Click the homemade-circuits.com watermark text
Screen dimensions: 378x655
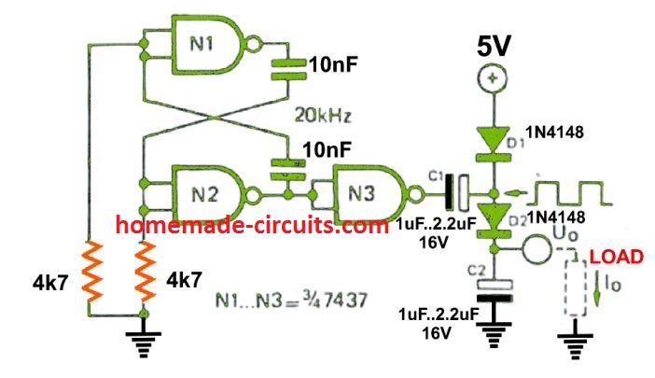(x=252, y=225)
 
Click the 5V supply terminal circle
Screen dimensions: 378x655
(x=490, y=80)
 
